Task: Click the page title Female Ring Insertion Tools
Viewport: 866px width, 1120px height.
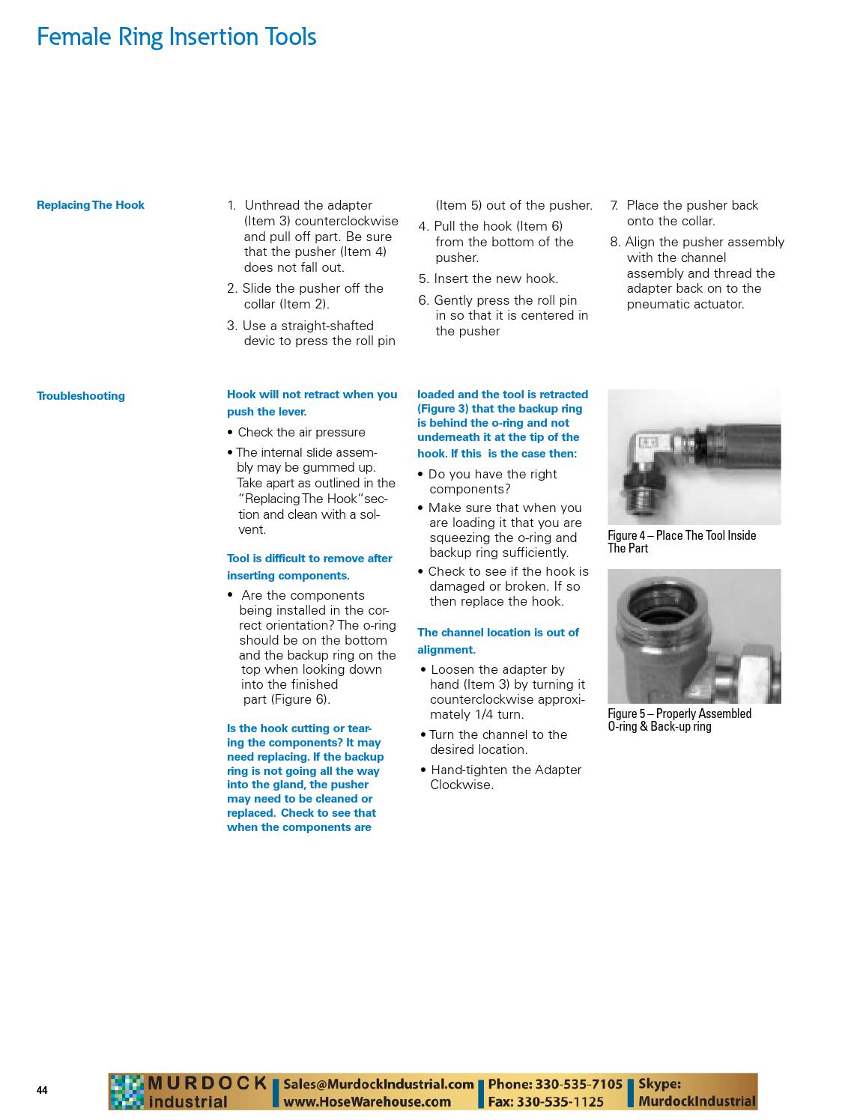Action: tap(177, 37)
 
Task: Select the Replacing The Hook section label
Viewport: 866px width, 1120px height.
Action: tap(91, 205)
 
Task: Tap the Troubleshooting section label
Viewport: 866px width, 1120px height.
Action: tap(81, 396)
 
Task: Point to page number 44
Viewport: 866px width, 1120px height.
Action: tap(42, 1090)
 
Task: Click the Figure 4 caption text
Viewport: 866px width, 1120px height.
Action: tap(681, 541)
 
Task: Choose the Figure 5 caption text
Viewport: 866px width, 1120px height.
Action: tap(679, 719)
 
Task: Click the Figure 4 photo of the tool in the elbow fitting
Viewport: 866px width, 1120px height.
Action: tap(694, 457)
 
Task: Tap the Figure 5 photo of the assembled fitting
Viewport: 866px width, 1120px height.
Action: tap(694, 636)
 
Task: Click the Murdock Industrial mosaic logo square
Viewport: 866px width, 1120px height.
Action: tap(126, 1092)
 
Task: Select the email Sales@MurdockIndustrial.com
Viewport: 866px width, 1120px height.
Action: tap(378, 1084)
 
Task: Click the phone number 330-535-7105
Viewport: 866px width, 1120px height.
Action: tap(578, 1084)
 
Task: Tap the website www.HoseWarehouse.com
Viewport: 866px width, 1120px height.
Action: tap(367, 1101)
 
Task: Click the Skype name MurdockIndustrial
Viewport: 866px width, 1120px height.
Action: tap(697, 1101)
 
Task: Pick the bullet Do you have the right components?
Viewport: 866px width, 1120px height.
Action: tap(492, 481)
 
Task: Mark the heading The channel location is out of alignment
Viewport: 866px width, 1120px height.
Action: tap(497, 641)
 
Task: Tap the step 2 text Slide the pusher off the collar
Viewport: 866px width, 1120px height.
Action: tap(305, 296)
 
